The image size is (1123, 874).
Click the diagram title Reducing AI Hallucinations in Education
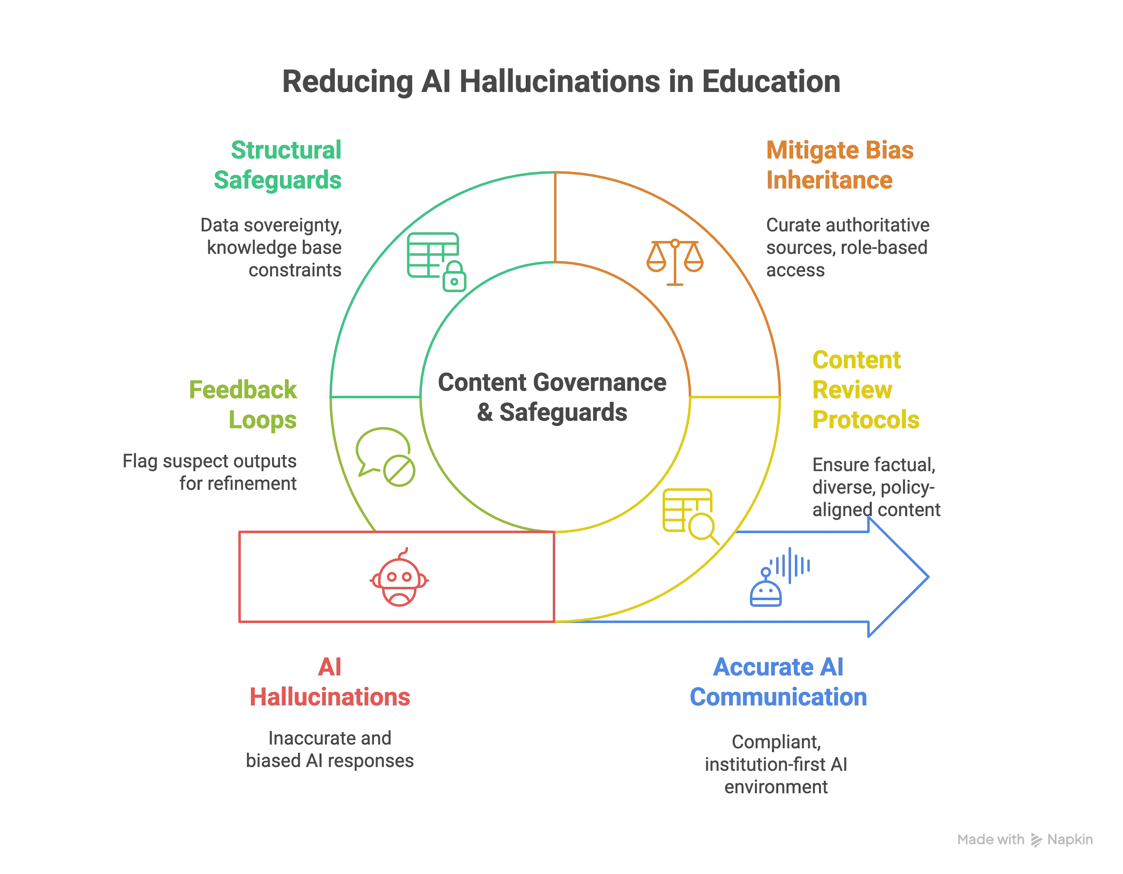(x=561, y=81)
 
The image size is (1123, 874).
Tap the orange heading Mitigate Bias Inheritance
(x=840, y=165)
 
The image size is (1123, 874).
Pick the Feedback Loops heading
(x=244, y=405)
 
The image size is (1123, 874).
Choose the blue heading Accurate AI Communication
(x=778, y=682)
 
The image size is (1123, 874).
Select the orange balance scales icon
(x=675, y=261)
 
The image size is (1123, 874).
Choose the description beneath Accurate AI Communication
(x=777, y=764)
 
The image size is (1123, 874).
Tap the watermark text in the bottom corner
(x=1025, y=839)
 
